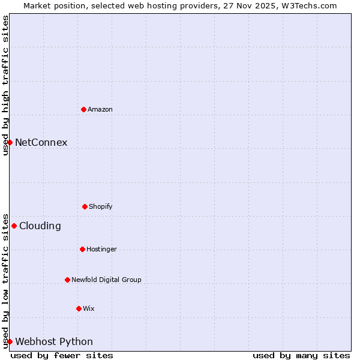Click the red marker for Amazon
(x=83, y=109)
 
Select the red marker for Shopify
(x=85, y=206)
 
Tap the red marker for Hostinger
(x=82, y=249)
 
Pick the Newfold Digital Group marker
(x=67, y=280)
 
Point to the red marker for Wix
(x=79, y=308)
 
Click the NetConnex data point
(x=10, y=142)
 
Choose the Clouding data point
(x=14, y=226)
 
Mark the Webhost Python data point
(x=10, y=341)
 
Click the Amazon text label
(x=100, y=109)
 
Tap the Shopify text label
(x=101, y=206)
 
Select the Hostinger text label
(x=101, y=249)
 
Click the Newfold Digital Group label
(x=106, y=280)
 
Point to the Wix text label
(x=89, y=308)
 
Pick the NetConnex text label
(x=41, y=142)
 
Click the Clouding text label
(x=40, y=226)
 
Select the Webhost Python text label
(x=54, y=341)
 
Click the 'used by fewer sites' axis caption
(x=62, y=355)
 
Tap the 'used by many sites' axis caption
(x=301, y=355)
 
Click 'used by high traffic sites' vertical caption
(x=5, y=85)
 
